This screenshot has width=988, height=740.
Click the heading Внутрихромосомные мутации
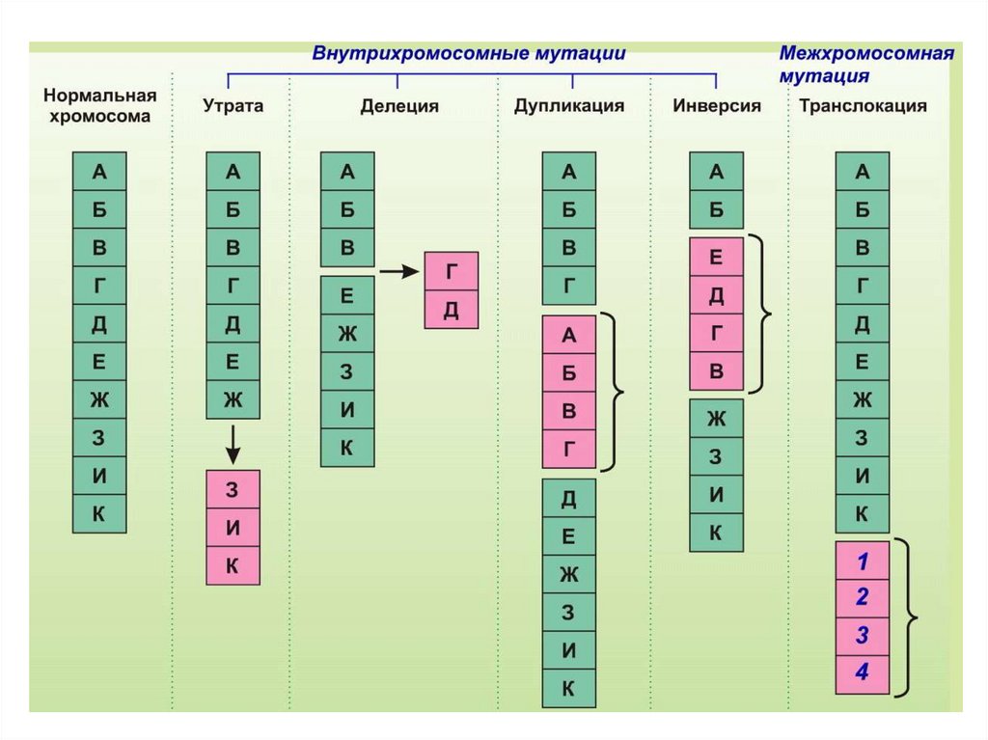469,54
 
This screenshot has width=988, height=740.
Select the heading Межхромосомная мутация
865,64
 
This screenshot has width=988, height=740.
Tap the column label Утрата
233,106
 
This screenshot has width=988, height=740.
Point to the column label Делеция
399,106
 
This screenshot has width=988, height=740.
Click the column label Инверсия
717,106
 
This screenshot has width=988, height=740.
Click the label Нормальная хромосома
99,107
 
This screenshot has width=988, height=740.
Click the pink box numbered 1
863,561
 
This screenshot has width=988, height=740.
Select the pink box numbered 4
863,672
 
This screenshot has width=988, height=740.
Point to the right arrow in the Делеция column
397,272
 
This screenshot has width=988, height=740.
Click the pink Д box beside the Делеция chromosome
452,310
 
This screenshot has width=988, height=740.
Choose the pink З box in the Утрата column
233,488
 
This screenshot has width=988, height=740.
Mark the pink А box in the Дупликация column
569,335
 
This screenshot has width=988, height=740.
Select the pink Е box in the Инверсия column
716,257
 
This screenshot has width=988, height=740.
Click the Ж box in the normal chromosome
99,399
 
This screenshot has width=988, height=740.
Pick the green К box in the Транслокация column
863,513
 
